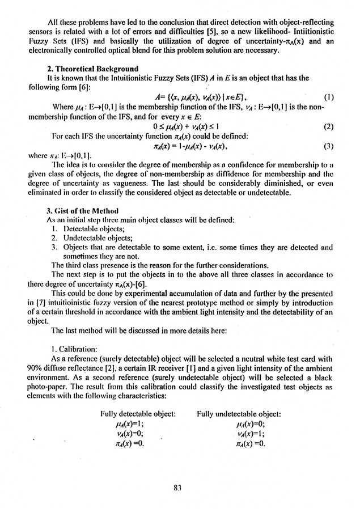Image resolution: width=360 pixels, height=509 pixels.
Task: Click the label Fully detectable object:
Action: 133,415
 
